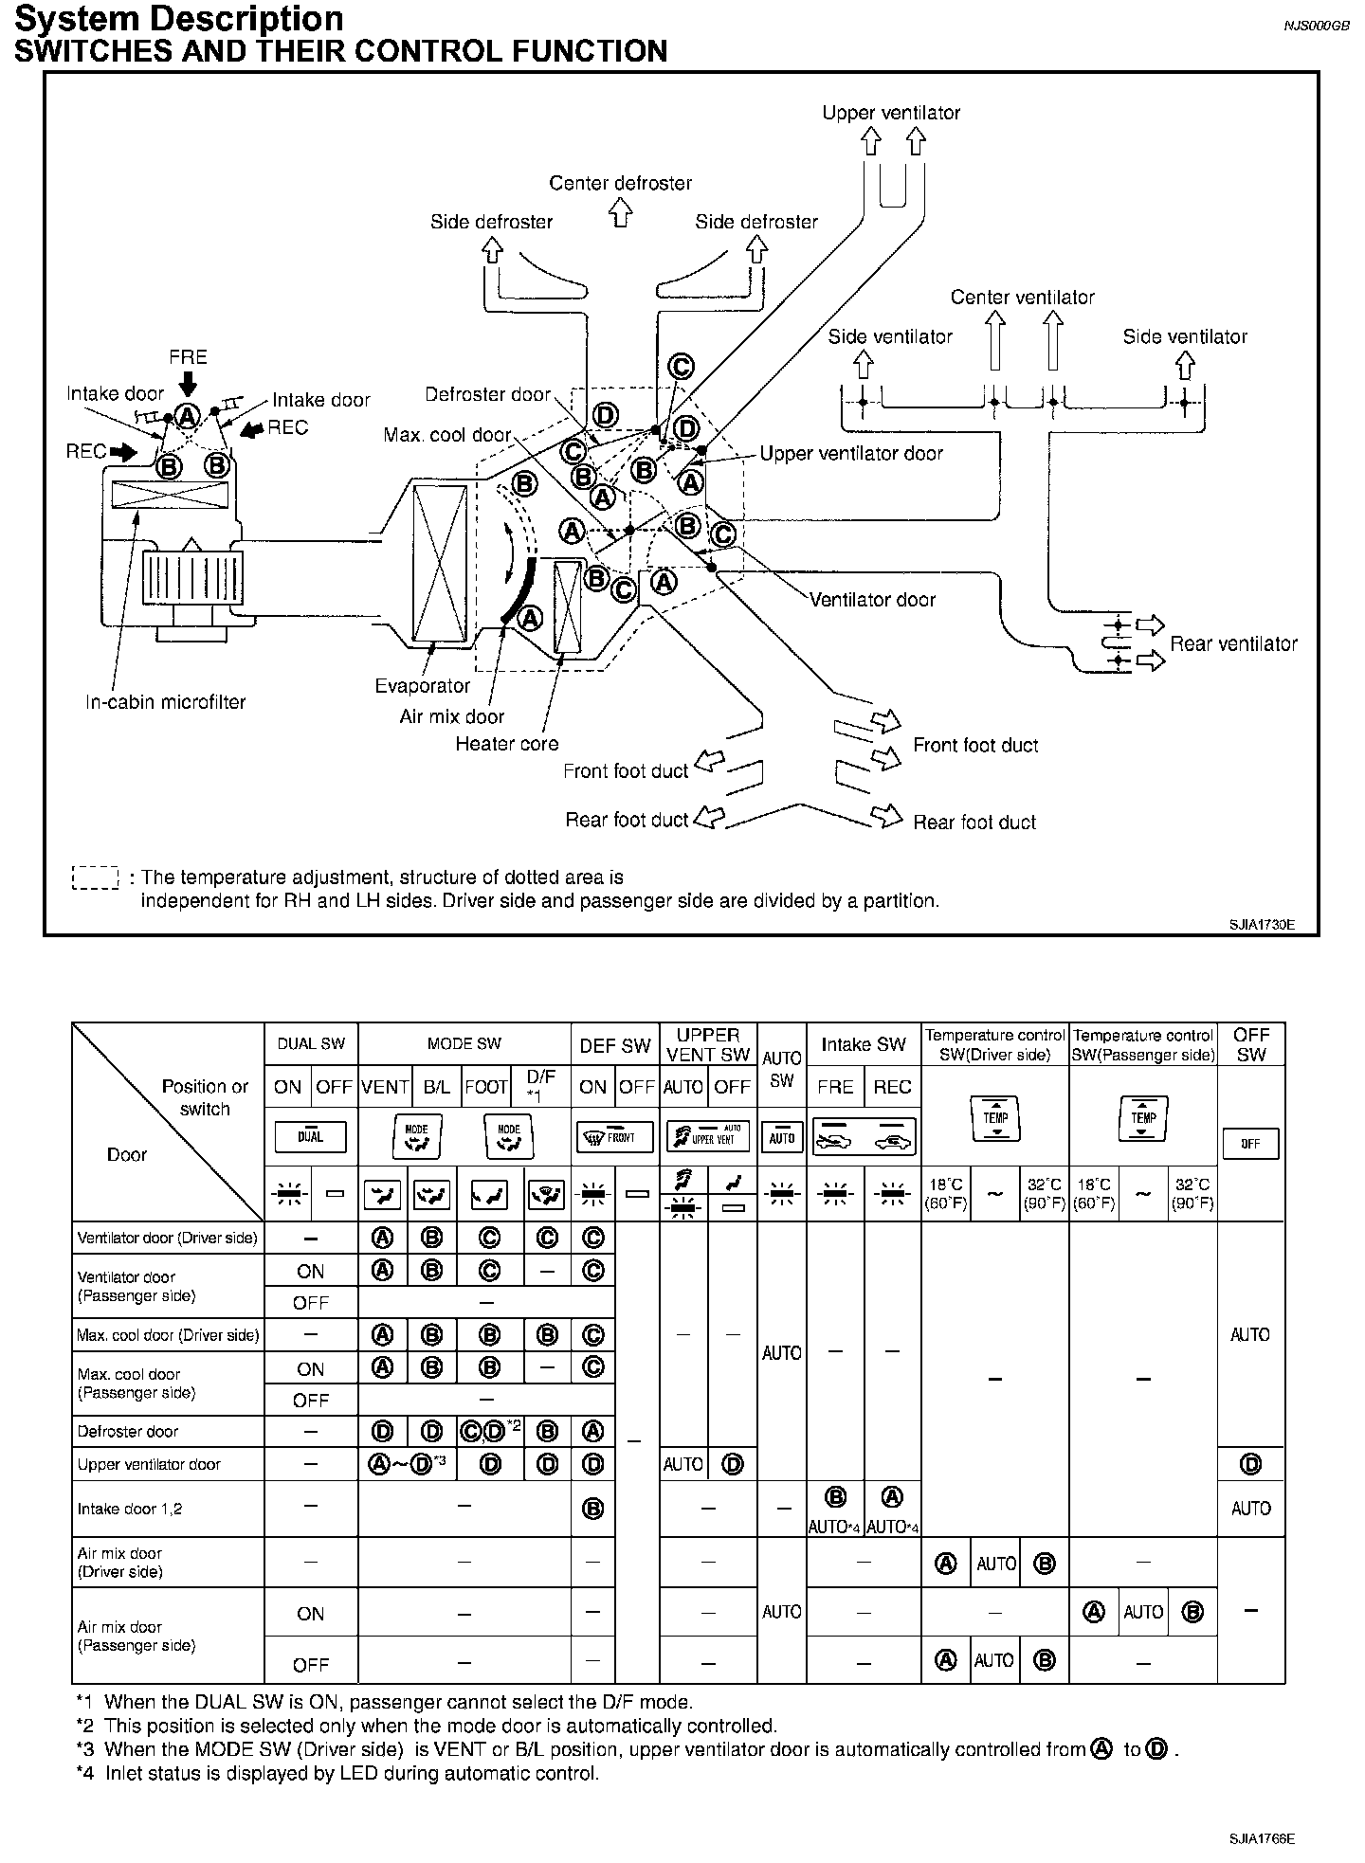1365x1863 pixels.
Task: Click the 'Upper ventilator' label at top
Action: pyautogui.click(x=890, y=113)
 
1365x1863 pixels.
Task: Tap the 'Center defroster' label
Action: pyautogui.click(x=620, y=183)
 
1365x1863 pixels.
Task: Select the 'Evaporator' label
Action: pyautogui.click(x=422, y=685)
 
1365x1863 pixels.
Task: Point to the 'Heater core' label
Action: pyautogui.click(x=506, y=744)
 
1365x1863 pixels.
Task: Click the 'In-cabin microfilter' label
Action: pyautogui.click(x=165, y=702)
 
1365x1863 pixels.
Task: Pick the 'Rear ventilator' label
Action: pyautogui.click(x=1232, y=644)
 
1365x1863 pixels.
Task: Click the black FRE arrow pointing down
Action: pyautogui.click(x=188, y=382)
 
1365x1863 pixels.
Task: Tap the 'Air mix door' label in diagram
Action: pyautogui.click(x=451, y=716)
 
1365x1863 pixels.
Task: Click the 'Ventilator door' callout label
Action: pyautogui.click(x=871, y=600)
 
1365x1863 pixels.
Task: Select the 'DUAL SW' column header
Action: pyautogui.click(x=310, y=1044)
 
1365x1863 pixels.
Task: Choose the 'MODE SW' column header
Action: pyautogui.click(x=464, y=1044)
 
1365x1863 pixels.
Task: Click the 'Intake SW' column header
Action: pyautogui.click(x=863, y=1044)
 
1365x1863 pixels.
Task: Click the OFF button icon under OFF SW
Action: pyautogui.click(x=1249, y=1144)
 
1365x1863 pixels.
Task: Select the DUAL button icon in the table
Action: pyautogui.click(x=310, y=1137)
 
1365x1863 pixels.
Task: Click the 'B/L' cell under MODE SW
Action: pyautogui.click(x=436, y=1087)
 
